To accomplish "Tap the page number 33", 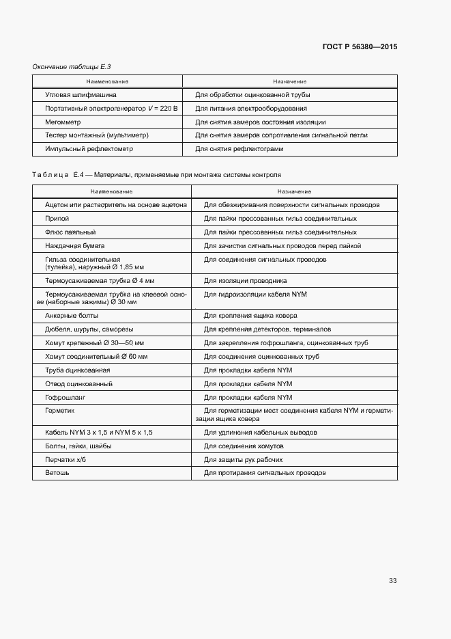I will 392,581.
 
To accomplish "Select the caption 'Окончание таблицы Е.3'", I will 72,66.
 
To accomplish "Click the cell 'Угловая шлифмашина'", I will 81,96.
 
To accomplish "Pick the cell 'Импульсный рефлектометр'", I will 89,148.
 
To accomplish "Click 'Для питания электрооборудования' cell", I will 251,109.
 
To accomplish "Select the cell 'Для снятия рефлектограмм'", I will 239,148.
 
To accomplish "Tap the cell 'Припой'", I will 57,219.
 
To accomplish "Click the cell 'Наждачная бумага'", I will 74,245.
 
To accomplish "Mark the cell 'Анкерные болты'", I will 72,316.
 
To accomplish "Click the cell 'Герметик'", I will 59,411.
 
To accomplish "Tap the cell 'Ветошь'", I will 57,473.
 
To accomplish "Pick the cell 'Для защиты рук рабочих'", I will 244,459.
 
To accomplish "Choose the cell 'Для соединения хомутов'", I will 244,446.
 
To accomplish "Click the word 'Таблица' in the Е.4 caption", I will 51,175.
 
